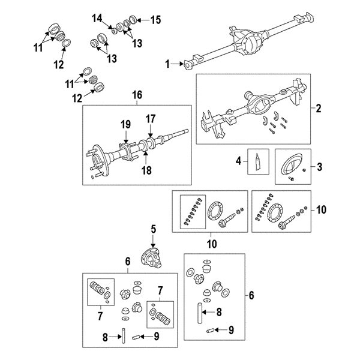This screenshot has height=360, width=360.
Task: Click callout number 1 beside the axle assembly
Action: (x=169, y=63)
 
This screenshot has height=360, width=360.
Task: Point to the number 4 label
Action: (x=238, y=161)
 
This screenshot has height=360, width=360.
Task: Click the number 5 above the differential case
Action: (x=153, y=228)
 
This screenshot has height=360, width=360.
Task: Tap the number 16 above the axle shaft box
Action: (x=137, y=95)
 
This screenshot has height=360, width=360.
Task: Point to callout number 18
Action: (x=146, y=170)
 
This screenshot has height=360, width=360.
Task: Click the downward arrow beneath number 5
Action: (x=153, y=239)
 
